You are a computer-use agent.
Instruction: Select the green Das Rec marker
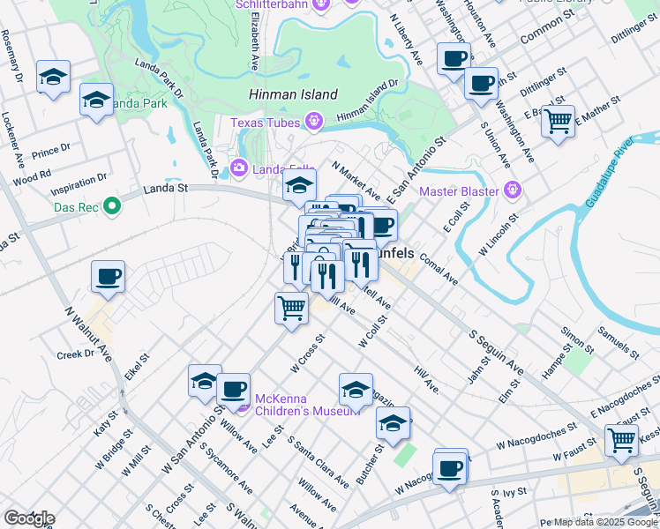point(111,207)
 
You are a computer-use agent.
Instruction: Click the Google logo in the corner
point(28,518)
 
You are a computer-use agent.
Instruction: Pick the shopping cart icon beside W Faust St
point(621,438)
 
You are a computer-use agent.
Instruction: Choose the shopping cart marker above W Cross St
point(291,309)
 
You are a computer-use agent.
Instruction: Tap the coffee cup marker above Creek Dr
point(108,276)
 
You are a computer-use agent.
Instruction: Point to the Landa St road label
point(166,188)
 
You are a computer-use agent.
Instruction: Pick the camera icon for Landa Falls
point(237,168)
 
